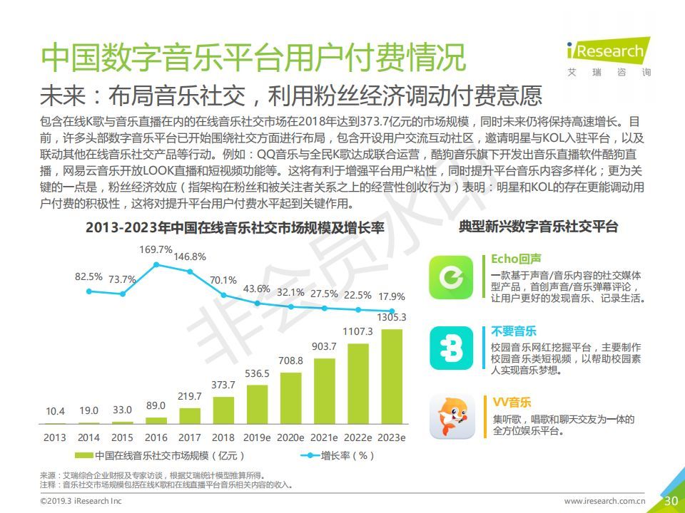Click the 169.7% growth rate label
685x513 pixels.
[x=156, y=249]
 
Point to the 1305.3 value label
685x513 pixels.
[x=392, y=317]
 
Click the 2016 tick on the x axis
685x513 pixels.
[x=156, y=437]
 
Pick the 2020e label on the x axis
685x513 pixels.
[x=290, y=437]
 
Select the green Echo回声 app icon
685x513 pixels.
[x=451, y=277]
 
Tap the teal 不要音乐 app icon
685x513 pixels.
[x=451, y=348]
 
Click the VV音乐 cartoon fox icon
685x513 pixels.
[x=451, y=417]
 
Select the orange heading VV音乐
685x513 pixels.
[x=512, y=403]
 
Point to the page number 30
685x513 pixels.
[x=671, y=501]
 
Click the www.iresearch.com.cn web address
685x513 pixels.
[x=604, y=502]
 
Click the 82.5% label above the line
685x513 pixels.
[x=88, y=276]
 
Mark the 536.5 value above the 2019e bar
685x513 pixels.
[x=257, y=373]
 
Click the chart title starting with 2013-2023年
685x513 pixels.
[x=235, y=228]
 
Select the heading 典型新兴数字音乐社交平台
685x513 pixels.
[x=538, y=227]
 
